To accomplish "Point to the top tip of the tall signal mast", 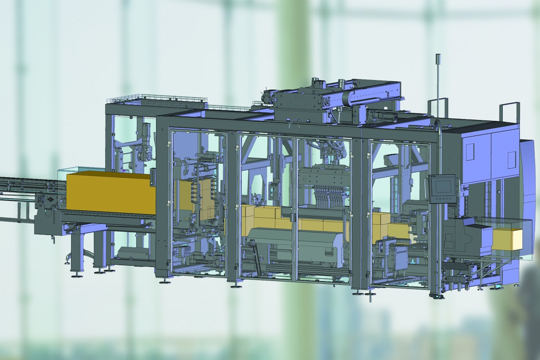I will [437, 55].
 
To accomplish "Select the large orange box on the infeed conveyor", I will [110, 193].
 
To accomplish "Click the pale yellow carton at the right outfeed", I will [508, 239].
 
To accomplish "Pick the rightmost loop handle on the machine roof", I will [509, 112].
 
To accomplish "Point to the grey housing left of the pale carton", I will [463, 236].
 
